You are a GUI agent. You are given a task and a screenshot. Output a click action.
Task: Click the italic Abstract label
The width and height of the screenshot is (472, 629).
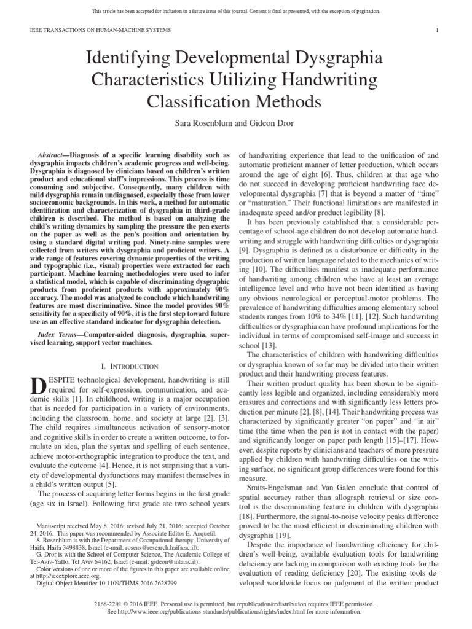pos(53,156)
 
